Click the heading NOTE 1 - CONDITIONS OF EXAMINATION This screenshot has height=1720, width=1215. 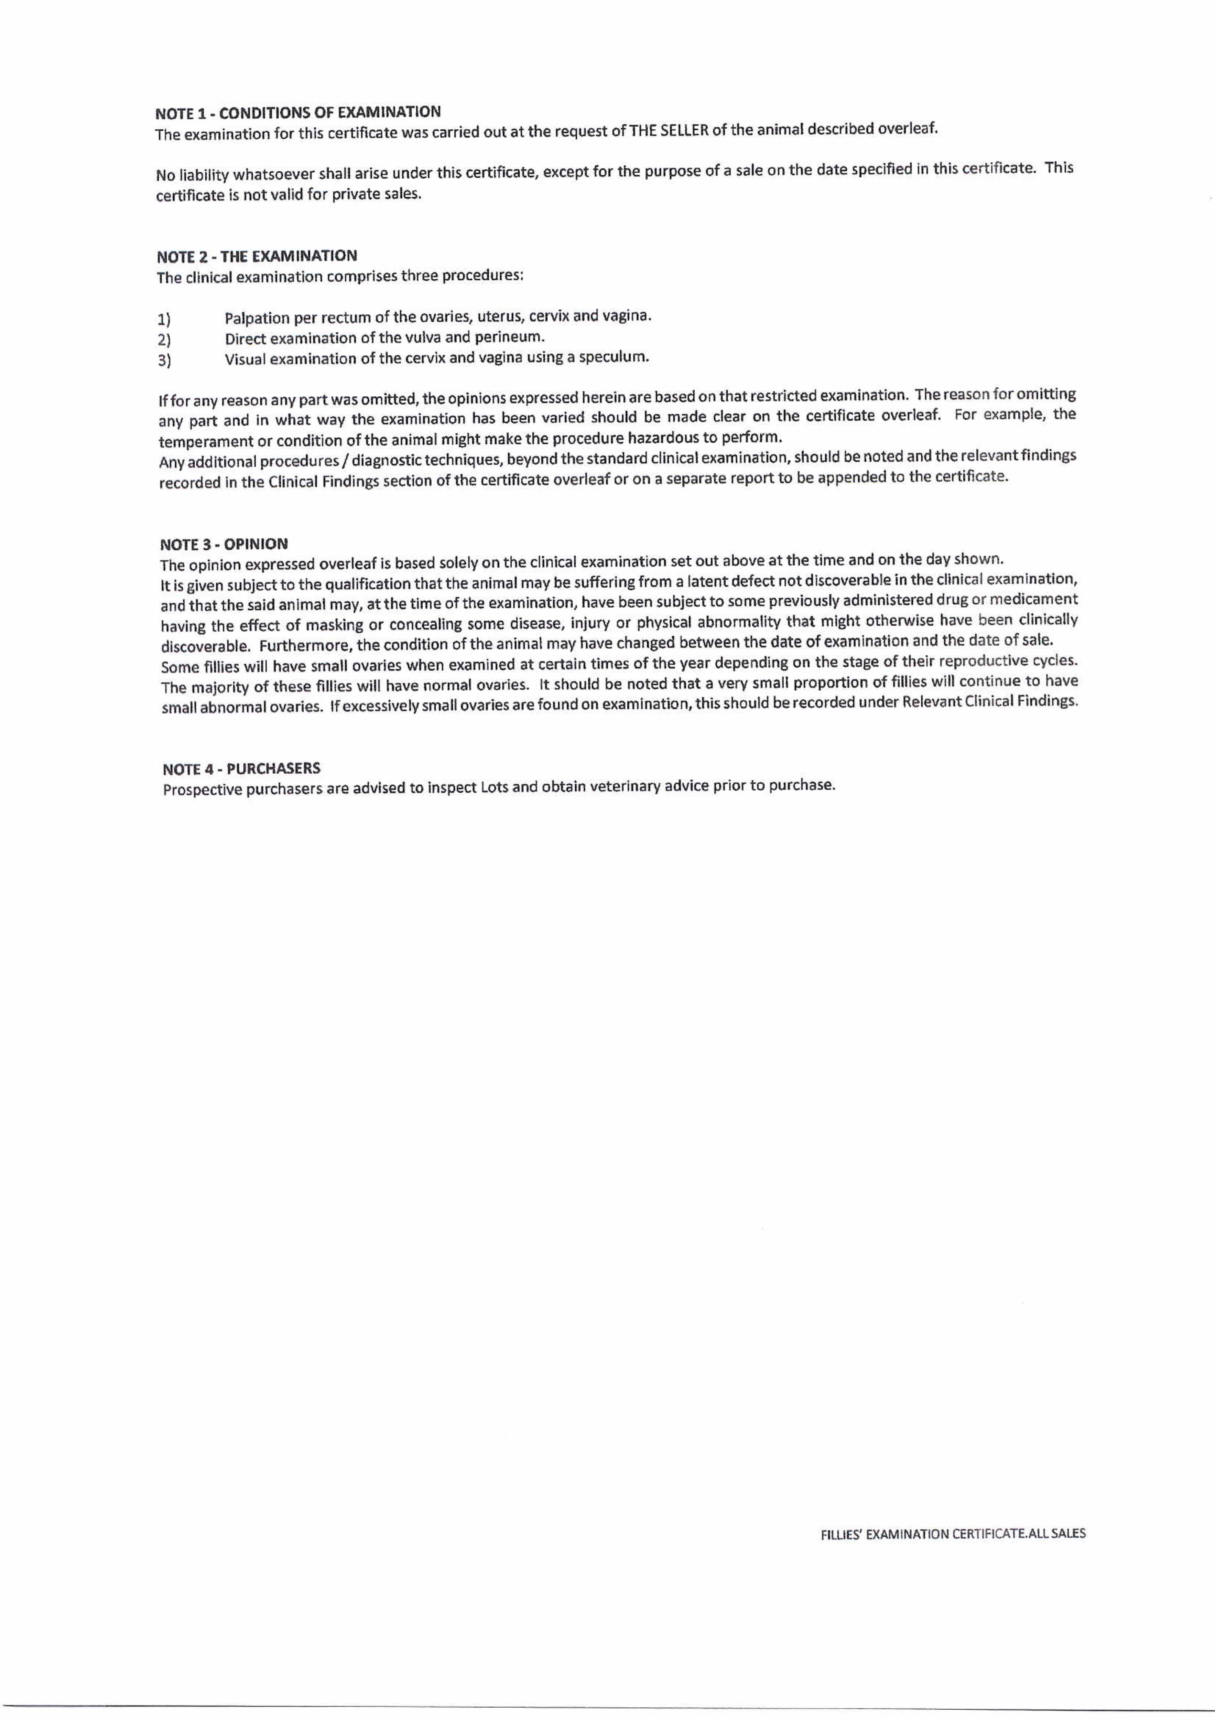pos(297,112)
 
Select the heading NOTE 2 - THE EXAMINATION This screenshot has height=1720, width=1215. pos(256,256)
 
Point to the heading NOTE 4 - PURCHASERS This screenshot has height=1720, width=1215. pos(241,768)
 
